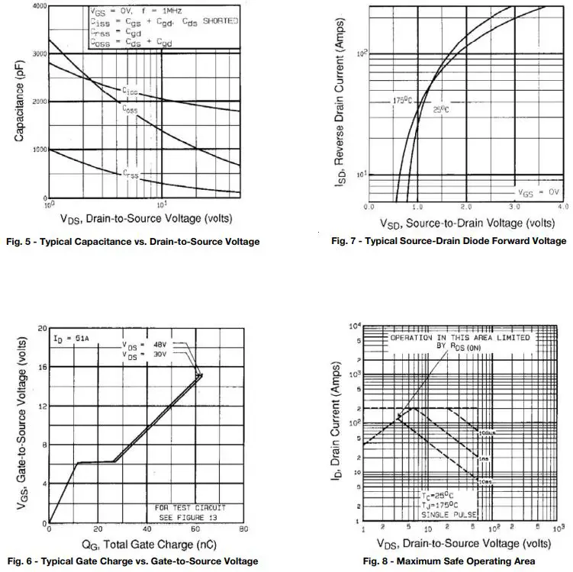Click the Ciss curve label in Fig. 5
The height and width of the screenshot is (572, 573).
130,91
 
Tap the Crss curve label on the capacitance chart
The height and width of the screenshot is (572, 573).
131,174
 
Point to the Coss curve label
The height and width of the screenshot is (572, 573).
130,109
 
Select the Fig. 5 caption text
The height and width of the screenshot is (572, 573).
132,242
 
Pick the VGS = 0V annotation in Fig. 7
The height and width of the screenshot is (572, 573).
539,192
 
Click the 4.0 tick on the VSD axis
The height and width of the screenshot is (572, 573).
562,207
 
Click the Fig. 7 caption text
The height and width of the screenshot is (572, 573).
449,241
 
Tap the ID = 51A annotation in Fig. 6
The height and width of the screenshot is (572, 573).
69,337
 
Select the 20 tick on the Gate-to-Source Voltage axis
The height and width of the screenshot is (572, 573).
41,328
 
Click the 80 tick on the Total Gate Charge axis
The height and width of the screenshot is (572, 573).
243,529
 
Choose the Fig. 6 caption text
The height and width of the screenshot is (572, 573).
131,561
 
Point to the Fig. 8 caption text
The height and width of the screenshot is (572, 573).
449,561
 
